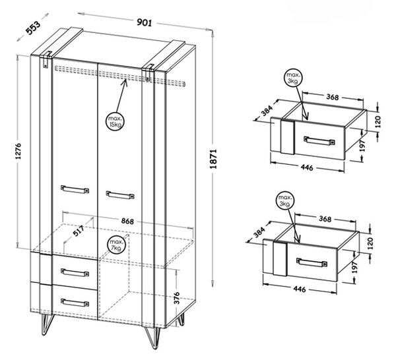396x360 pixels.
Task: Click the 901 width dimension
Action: coord(145,22)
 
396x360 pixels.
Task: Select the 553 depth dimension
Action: coord(33,28)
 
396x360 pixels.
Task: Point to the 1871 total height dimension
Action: coord(213,159)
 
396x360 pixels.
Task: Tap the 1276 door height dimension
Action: coord(18,151)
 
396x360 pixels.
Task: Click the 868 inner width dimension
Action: coord(127,221)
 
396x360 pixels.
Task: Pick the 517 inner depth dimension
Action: coord(79,231)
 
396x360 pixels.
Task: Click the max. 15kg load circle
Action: coord(115,121)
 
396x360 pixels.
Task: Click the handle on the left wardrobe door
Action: coord(75,189)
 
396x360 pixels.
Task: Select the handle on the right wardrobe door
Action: coord(120,195)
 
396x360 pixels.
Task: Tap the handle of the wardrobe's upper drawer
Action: coord(75,273)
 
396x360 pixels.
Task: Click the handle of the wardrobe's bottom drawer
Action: coord(75,303)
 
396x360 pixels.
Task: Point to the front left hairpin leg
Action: coord(48,324)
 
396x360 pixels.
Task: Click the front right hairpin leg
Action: coord(152,338)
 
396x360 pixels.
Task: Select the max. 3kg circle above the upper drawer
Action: coord(294,78)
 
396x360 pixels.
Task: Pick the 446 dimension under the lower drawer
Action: coord(300,289)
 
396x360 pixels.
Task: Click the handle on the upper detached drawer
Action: coord(319,141)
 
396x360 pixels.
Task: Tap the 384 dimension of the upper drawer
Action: coord(267,111)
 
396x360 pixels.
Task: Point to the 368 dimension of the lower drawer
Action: coord(325,219)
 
